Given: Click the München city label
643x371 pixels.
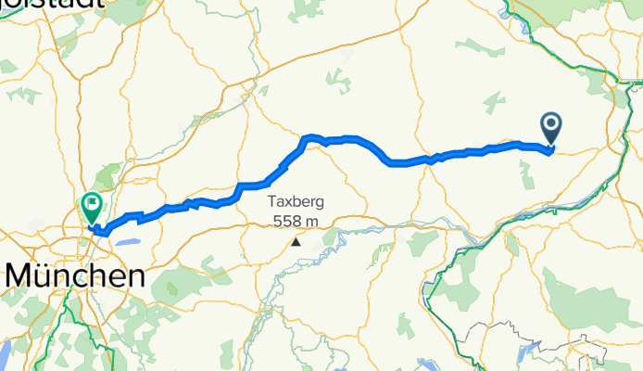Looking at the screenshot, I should (75, 275).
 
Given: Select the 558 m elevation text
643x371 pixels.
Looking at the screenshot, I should (296, 221).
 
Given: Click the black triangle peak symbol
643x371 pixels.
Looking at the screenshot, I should (296, 242).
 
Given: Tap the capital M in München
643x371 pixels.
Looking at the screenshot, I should (20, 275).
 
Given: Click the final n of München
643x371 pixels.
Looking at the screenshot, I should (135, 275).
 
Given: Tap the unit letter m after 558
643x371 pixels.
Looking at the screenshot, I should (312, 221).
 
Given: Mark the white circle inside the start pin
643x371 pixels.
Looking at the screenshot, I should (550, 122).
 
